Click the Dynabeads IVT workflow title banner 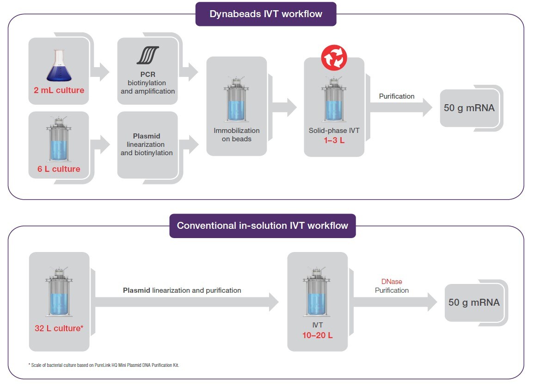tap(266, 14)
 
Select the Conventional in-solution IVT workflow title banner tap(262, 226)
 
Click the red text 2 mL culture tap(59, 90)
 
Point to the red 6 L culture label tap(59, 169)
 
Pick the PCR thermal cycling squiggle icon tap(147, 55)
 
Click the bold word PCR tap(147, 74)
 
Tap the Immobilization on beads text tap(236, 135)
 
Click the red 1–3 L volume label tap(333, 140)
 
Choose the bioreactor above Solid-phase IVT tap(334, 100)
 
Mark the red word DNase tap(392, 282)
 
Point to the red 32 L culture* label tap(59, 328)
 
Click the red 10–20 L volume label tap(317, 335)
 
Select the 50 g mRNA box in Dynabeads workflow tap(469, 108)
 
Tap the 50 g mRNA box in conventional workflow tap(474, 302)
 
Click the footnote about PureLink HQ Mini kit tap(104, 365)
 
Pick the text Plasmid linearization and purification tap(182, 290)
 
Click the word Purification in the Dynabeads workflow tap(397, 96)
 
